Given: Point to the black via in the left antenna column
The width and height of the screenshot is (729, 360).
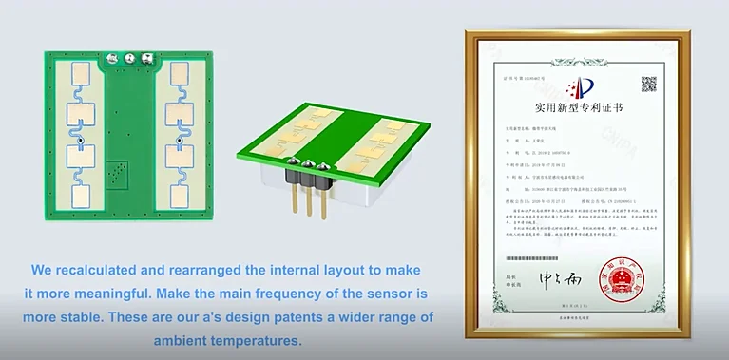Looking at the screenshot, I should [82, 142].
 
